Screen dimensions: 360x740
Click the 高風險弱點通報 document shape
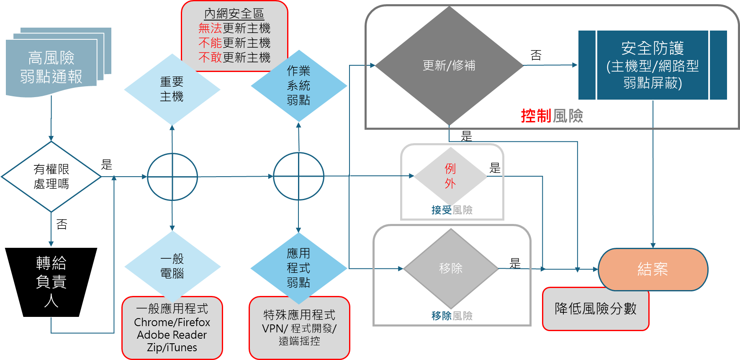51,67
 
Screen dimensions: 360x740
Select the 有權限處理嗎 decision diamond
51,177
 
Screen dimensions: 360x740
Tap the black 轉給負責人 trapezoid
51,282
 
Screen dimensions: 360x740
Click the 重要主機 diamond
172,89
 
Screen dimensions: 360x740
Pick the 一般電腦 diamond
172,266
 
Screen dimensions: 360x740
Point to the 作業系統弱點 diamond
298,86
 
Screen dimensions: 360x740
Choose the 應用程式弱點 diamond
298,268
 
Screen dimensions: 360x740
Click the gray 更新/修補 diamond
449,65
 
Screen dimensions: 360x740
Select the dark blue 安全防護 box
652,65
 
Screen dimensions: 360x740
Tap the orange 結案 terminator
653,269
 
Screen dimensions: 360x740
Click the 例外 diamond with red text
450,176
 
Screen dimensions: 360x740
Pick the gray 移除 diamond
450,268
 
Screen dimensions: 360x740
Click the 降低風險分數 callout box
595,309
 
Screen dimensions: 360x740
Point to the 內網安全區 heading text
234,14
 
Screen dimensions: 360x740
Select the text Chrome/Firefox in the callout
172,322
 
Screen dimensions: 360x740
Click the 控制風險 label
552,116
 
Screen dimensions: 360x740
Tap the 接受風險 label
452,210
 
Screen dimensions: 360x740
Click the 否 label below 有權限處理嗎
62,224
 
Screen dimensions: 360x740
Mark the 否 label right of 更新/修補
536,55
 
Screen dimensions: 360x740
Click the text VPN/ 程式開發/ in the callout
299,329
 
